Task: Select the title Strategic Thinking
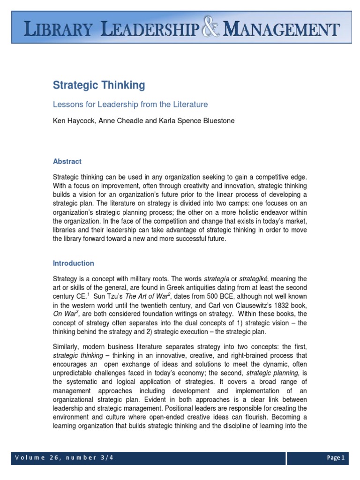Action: (x=98, y=85)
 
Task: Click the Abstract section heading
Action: (x=67, y=161)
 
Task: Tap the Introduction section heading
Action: (x=73, y=263)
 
